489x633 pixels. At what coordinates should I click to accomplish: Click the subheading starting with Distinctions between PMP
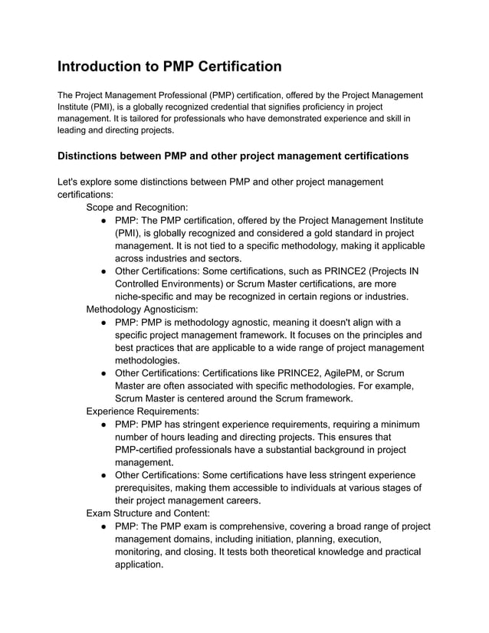click(x=232, y=156)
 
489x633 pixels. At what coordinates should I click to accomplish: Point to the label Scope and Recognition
click(x=136, y=207)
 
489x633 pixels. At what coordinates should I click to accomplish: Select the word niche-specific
click(x=149, y=297)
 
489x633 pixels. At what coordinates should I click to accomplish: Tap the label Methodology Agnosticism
click(x=142, y=309)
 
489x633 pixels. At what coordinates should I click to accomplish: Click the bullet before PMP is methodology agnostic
click(x=103, y=322)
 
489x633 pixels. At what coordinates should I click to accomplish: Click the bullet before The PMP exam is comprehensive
click(x=103, y=526)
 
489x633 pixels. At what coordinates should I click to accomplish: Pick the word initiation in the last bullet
click(x=278, y=539)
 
